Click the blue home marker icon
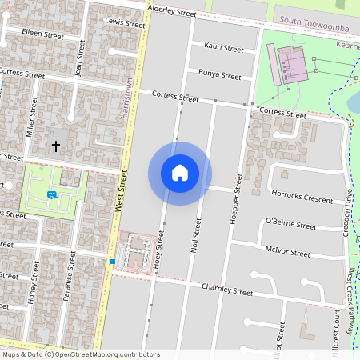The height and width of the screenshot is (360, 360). [180, 173]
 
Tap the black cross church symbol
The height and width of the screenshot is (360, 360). [56, 146]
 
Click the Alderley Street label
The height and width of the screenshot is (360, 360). [172, 13]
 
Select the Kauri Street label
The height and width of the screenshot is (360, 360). [223, 48]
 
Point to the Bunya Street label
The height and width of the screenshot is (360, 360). [220, 76]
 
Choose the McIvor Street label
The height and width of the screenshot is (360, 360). [287, 253]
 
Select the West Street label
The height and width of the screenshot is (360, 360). [122, 190]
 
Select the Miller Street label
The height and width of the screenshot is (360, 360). [32, 118]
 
